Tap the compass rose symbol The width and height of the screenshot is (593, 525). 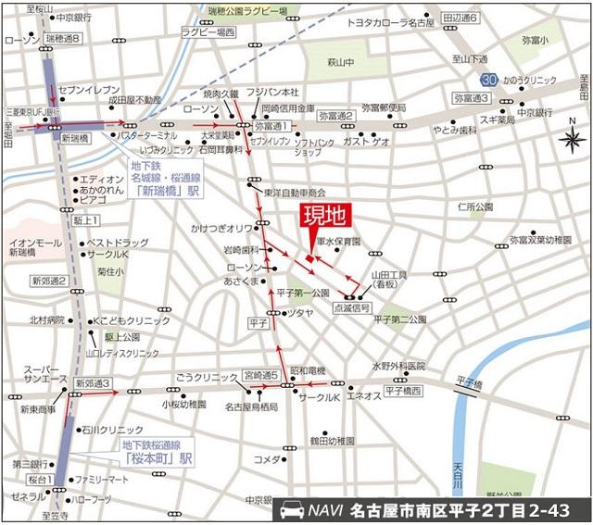tap(572, 140)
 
